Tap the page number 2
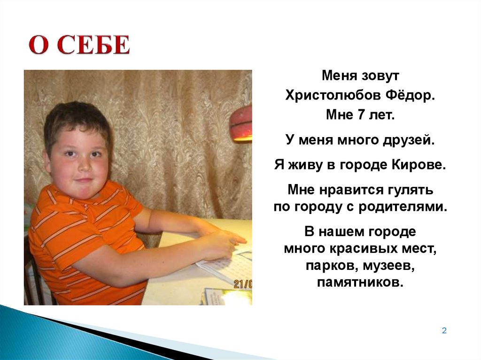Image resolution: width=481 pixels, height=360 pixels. [x=444, y=331]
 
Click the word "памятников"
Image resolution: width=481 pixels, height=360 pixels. [x=360, y=283]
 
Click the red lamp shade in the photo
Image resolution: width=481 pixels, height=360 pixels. [x=241, y=123]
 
